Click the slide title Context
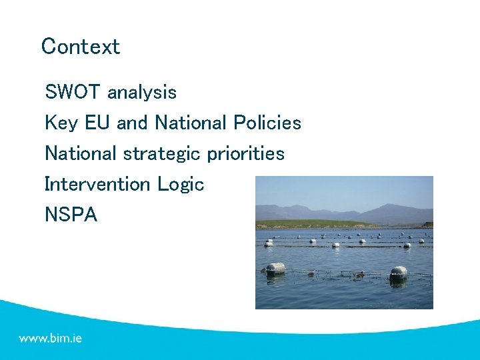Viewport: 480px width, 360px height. [81, 47]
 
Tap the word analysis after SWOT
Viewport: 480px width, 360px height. [142, 92]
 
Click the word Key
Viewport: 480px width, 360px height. [59, 123]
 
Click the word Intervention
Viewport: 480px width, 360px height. [98, 184]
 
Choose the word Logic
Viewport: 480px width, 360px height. [181, 185]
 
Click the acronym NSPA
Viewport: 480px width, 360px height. [71, 215]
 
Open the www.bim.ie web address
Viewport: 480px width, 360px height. [51, 338]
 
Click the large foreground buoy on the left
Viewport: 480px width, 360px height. [275, 269]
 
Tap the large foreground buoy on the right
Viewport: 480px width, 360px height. [398, 273]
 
